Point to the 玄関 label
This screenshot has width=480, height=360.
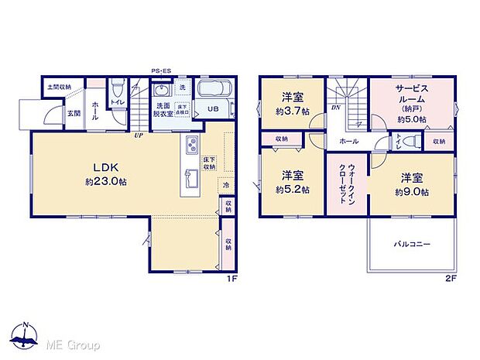tap(73, 114)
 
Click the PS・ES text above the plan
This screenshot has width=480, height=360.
tap(160, 69)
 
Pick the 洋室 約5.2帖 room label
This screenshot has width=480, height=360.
tap(294, 181)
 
